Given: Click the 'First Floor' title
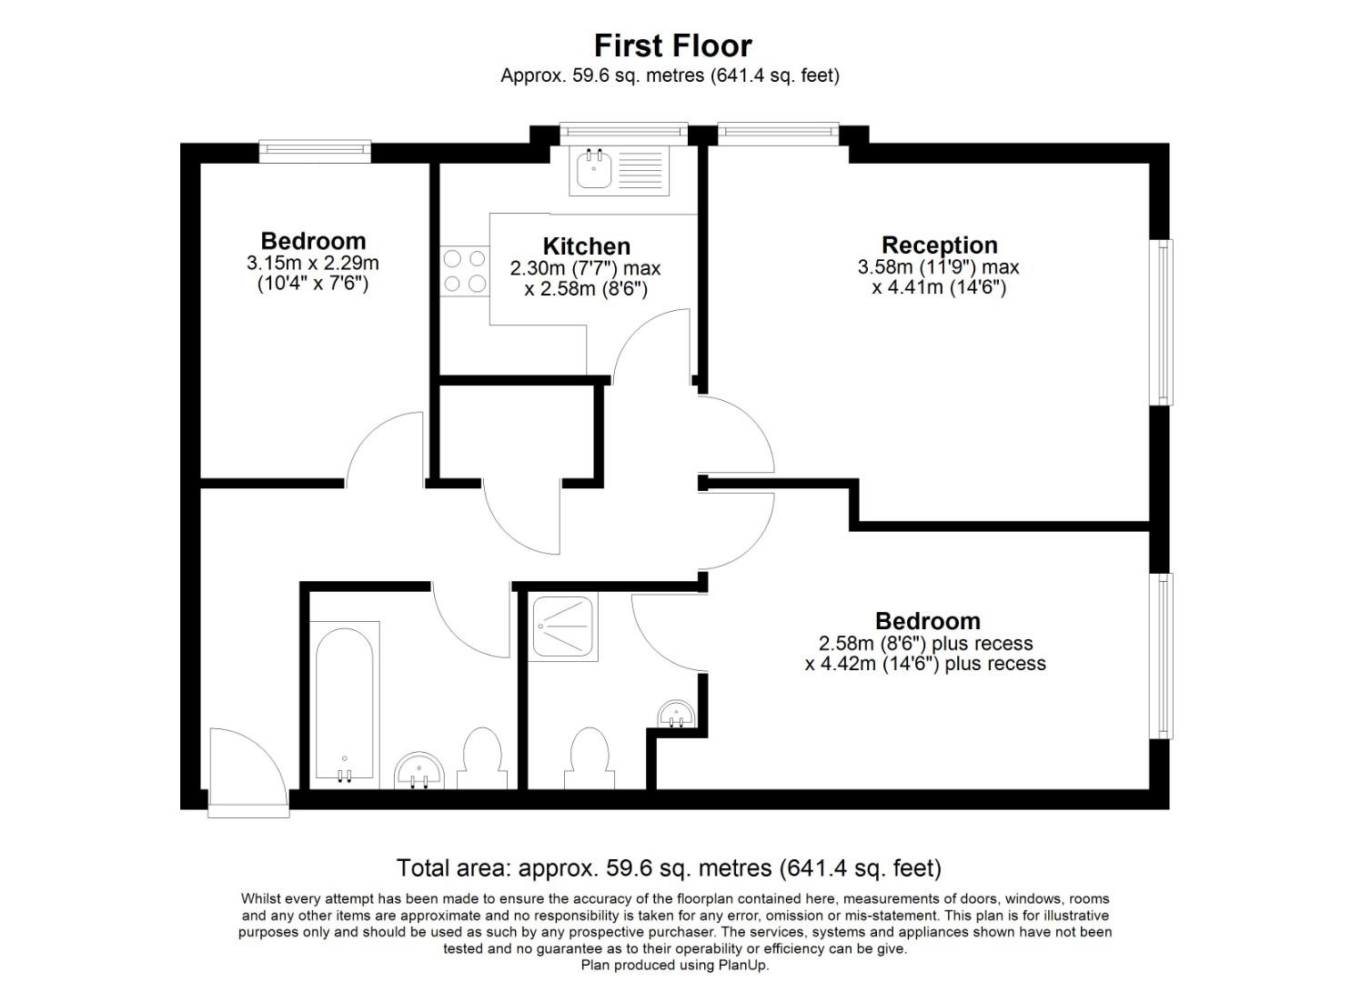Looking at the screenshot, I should click(673, 45).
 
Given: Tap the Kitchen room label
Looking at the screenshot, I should click(586, 246).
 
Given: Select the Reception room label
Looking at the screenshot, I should click(939, 245).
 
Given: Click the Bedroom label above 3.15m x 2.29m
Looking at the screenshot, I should click(313, 241).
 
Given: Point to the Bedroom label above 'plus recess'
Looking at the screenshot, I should click(927, 621).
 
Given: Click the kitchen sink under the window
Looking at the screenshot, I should click(619, 170).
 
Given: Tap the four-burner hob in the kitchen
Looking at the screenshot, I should click(465, 271).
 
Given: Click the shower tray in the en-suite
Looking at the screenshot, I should click(563, 627).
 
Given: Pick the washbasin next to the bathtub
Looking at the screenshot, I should click(419, 770).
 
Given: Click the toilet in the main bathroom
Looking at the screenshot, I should click(482, 759).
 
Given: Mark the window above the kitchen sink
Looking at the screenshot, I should click(623, 133).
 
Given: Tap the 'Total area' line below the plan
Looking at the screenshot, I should click(669, 868).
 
